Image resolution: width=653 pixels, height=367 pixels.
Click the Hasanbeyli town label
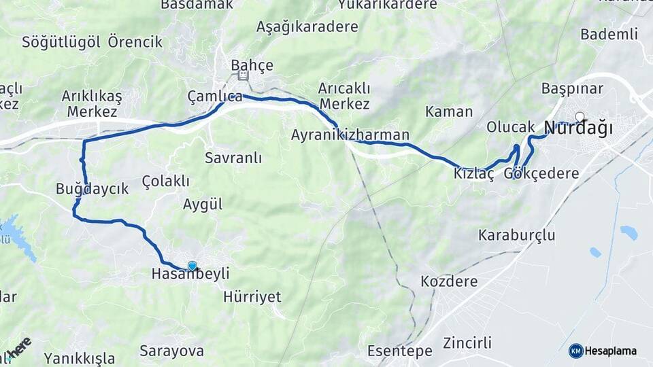(x=190, y=274)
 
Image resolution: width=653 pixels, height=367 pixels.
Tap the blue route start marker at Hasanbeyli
(x=192, y=266)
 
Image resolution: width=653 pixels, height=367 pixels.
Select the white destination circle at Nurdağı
(x=580, y=117)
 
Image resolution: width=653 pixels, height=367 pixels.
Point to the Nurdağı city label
(x=579, y=128)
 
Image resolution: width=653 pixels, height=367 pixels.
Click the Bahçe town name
(x=252, y=65)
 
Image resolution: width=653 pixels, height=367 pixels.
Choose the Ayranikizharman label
(x=350, y=135)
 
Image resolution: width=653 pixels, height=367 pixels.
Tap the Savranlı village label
(x=233, y=158)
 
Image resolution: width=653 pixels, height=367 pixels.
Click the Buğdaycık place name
(x=92, y=189)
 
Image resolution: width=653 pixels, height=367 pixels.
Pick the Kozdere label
(x=449, y=281)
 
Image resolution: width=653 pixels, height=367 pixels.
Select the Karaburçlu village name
(x=517, y=236)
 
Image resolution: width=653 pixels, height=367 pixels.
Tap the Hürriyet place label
(x=252, y=298)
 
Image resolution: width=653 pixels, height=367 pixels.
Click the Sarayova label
(x=171, y=351)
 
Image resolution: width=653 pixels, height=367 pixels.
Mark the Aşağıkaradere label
(x=307, y=27)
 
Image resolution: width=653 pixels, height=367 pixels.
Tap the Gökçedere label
(x=541, y=174)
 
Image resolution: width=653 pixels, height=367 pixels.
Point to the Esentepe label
(x=400, y=351)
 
